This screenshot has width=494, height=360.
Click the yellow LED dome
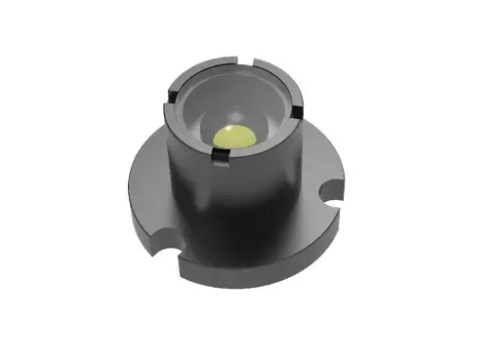tap(237, 140)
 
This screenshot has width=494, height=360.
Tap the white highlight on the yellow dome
tap(228, 132)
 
